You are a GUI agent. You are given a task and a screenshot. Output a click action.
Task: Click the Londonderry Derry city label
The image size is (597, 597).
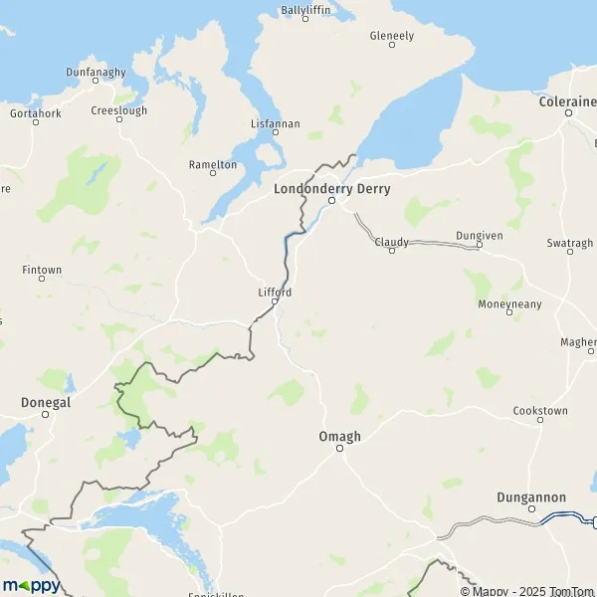coord(331,188)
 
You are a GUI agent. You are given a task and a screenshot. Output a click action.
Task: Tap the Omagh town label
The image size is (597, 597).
coord(339,437)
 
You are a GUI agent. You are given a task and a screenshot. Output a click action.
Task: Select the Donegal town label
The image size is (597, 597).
coord(46,402)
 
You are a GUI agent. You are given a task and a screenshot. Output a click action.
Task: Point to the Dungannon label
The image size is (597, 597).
coord(531,497)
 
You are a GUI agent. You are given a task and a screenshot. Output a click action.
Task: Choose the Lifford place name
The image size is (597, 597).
coord(275,293)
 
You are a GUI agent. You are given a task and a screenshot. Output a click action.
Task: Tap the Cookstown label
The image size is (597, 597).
coord(540,410)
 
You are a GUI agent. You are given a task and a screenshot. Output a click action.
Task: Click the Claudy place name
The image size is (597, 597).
coord(391,242)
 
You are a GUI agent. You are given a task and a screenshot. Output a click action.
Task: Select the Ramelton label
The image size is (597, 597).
coord(213,164)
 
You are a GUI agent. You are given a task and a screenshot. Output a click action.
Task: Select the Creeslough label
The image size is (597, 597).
coord(119,110)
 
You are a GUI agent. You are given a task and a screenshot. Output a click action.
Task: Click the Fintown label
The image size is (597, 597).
coord(42,270)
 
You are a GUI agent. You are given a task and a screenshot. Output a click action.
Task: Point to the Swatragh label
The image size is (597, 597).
coord(570,243)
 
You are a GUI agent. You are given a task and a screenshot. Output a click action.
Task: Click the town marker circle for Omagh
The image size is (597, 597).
coord(339,449)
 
